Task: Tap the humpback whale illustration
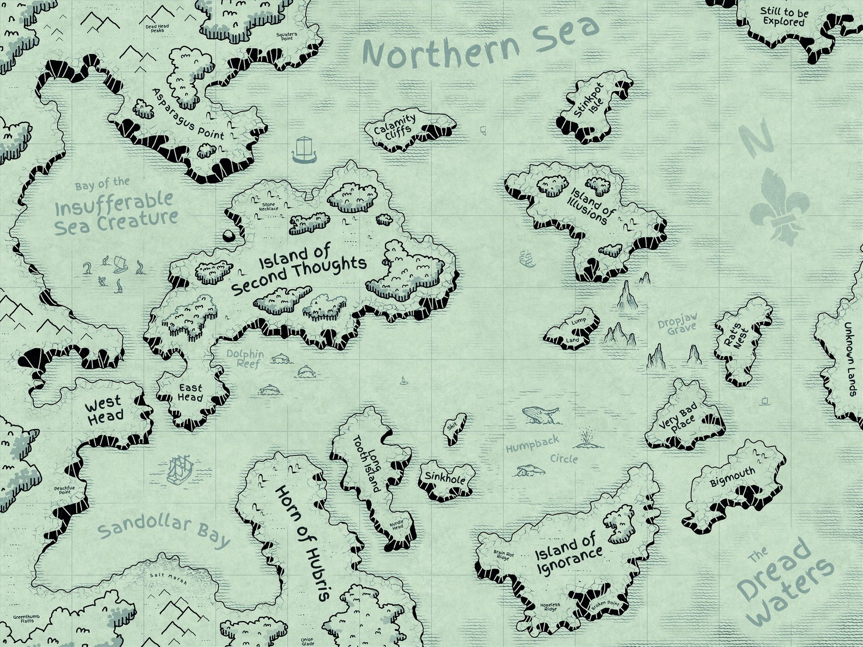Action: click(539, 415)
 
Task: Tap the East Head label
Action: click(190, 393)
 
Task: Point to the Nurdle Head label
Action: click(396, 525)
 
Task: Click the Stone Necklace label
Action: click(269, 207)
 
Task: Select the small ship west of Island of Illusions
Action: click(526, 259)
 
